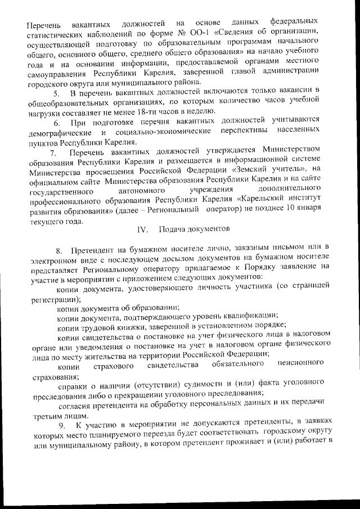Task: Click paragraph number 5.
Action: pos(57,92)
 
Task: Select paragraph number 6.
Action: pos(57,123)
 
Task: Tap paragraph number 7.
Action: pos(53,153)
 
